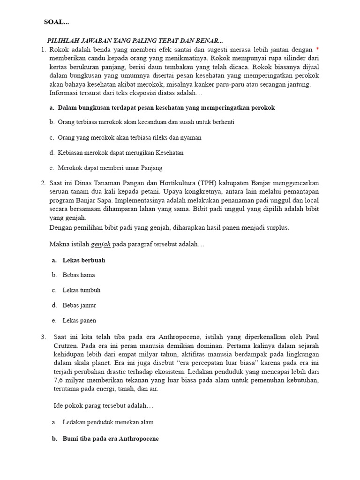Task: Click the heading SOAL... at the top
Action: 56,22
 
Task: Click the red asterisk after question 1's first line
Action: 317,49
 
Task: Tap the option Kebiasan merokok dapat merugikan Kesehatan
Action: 120,153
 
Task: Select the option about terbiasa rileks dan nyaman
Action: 129,138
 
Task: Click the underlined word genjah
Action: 101,245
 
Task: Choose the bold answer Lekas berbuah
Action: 83,260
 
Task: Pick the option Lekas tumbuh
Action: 81,290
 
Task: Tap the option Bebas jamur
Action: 79,305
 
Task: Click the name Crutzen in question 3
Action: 65,345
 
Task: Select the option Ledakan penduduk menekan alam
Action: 108,422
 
